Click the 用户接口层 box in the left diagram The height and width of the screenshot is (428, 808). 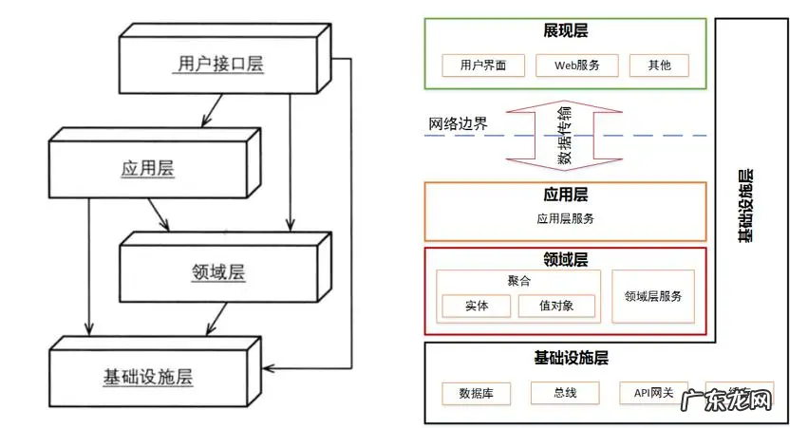221,65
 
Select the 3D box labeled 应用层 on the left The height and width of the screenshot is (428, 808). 147,169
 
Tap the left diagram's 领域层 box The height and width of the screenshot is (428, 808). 217,272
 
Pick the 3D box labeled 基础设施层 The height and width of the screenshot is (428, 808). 147,376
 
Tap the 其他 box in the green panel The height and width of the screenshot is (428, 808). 658,65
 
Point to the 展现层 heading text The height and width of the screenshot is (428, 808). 565,31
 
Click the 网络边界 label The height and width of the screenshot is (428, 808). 458,124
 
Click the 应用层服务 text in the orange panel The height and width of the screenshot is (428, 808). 565,218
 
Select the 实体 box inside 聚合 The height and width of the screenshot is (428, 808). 476,307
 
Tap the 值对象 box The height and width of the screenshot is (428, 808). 556,307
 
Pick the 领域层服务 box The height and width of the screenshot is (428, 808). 653,296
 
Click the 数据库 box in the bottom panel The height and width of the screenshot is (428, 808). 477,393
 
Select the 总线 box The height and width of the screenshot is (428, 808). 565,393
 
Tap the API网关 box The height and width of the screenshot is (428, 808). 653,393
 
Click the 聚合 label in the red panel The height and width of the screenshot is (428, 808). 518,282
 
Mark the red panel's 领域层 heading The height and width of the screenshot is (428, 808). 565,259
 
